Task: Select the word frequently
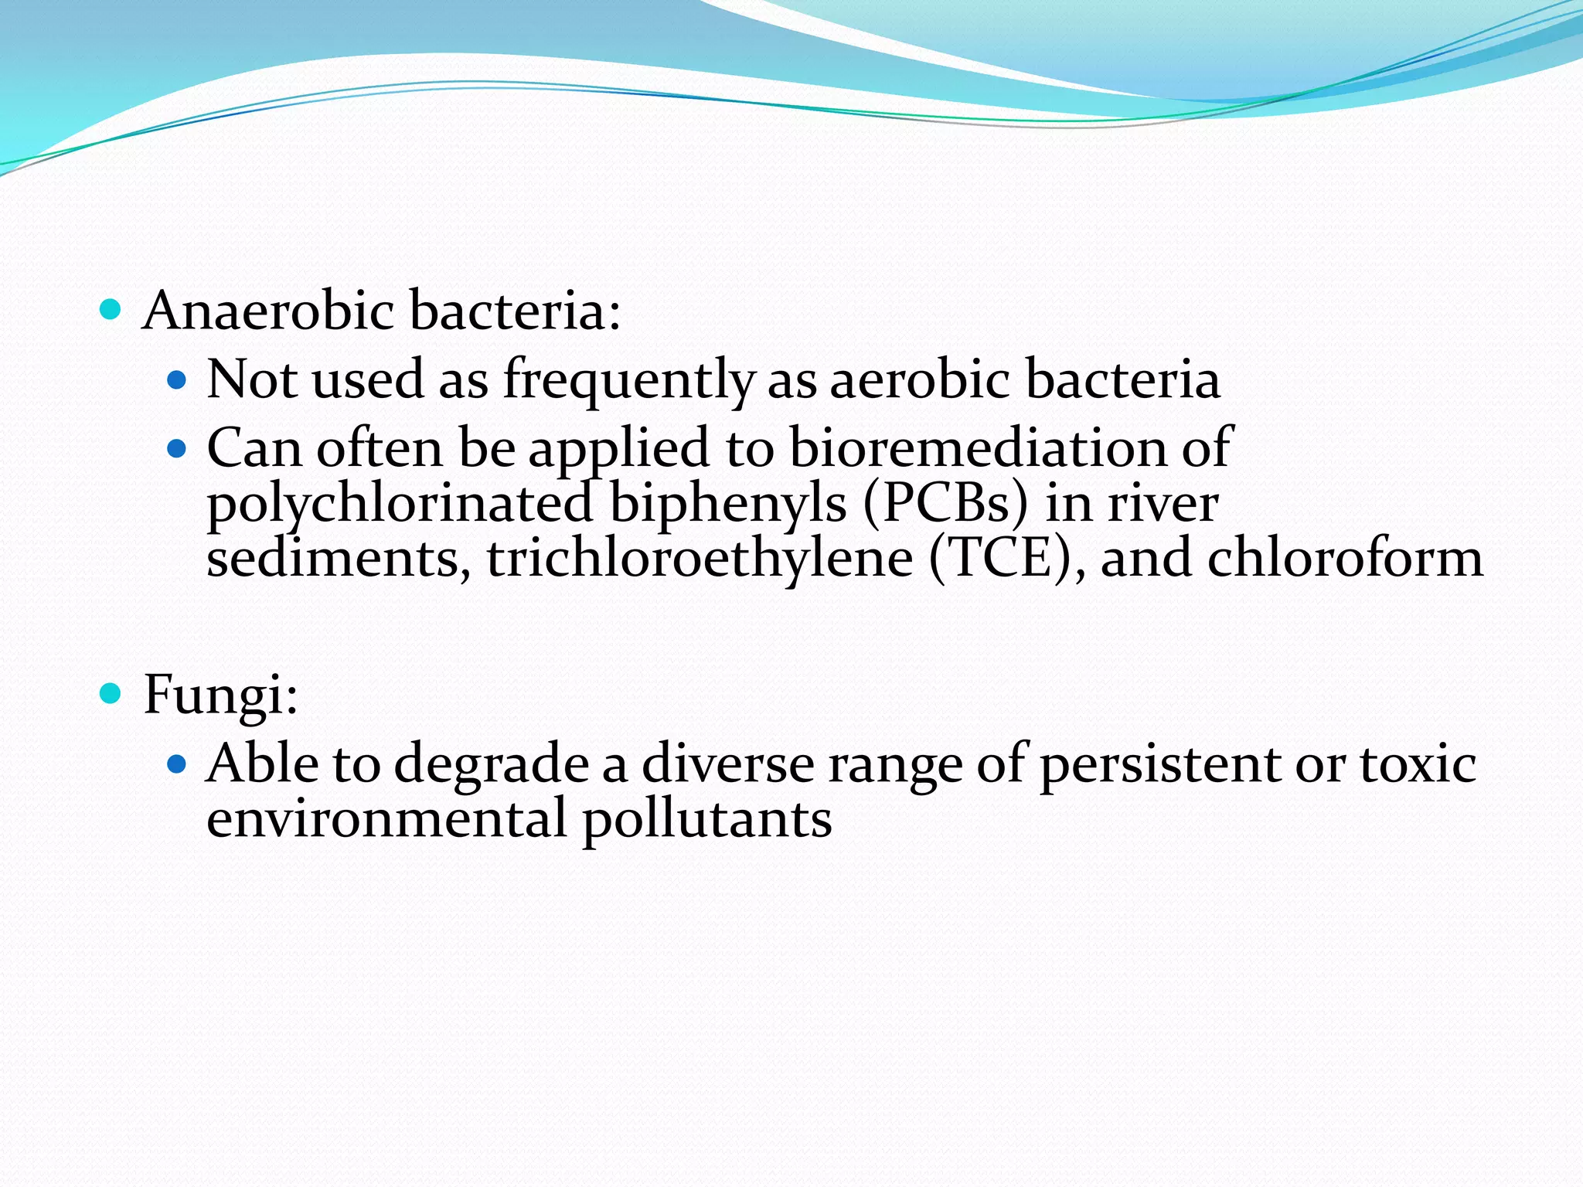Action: (628, 380)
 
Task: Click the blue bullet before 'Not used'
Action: (177, 380)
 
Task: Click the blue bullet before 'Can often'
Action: (177, 448)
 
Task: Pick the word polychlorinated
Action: (400, 504)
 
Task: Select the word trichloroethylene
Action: (700, 558)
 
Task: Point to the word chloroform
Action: (1345, 558)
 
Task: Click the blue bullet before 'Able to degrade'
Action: (177, 764)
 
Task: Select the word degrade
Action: (492, 764)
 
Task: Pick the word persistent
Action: (1159, 764)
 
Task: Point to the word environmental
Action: (387, 819)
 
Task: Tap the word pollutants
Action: (706, 819)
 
